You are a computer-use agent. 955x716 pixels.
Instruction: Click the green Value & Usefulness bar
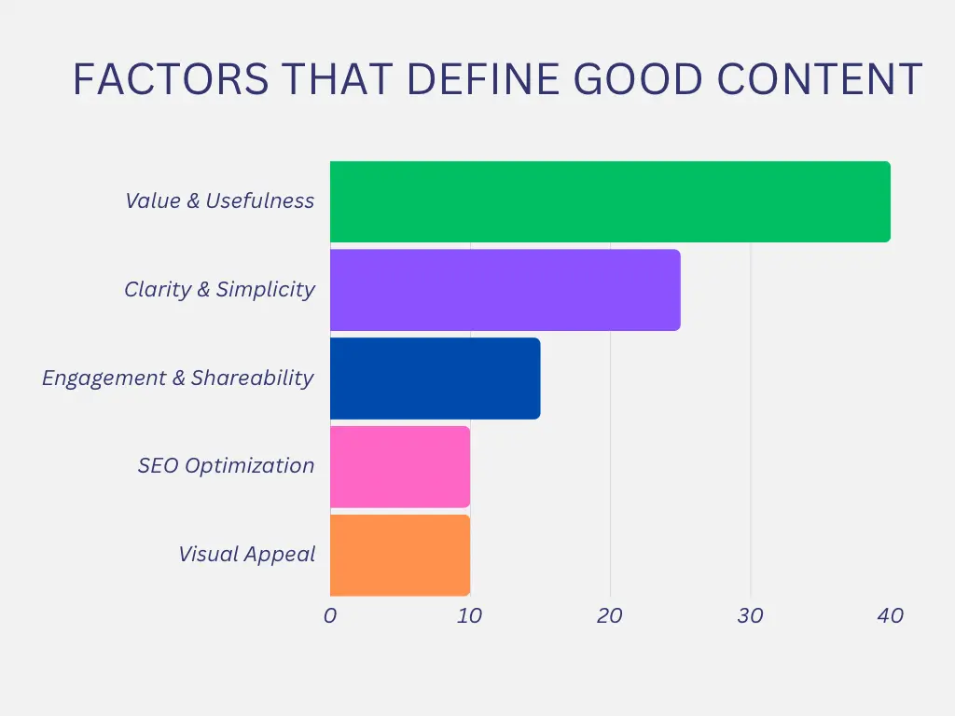coord(610,201)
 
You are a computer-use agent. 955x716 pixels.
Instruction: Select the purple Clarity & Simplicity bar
coord(505,290)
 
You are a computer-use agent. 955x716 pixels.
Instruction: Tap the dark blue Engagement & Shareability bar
coord(435,379)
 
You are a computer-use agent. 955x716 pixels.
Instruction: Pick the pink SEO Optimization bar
coord(400,467)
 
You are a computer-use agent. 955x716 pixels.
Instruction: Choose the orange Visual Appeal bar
coord(400,556)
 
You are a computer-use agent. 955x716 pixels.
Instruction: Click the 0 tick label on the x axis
coord(330,615)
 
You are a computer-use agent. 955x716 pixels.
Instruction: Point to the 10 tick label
coord(470,615)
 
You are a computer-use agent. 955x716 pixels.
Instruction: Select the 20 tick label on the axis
coord(610,615)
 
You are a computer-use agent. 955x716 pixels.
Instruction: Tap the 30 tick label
coord(750,615)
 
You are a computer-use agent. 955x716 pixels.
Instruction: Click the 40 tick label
coord(890,615)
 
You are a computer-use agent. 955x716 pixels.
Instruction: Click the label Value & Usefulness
coord(220,200)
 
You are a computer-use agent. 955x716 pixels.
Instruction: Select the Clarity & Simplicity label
coord(219,289)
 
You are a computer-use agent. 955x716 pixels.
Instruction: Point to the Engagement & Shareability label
coord(178,378)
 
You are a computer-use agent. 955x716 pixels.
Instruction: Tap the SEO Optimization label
coord(226,465)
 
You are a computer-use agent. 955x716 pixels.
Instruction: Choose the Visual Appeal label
coord(247,554)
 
